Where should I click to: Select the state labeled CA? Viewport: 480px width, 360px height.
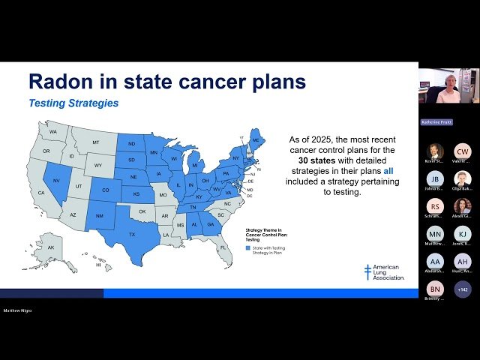click(41, 193)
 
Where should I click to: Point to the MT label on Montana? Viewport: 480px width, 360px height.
click(96, 142)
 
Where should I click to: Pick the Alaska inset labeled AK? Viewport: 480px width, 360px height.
click(51, 247)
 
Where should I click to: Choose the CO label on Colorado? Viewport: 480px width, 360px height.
click(105, 190)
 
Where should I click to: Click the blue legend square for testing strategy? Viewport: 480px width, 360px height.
click(248, 247)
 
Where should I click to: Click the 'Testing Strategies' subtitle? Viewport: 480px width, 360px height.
click(73, 103)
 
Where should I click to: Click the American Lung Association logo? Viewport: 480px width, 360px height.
click(384, 272)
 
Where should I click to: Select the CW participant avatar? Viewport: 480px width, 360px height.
click(463, 151)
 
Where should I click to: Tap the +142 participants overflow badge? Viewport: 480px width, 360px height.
click(463, 289)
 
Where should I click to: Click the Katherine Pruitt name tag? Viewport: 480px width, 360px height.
click(436, 121)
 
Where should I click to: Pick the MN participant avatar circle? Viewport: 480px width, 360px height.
click(435, 234)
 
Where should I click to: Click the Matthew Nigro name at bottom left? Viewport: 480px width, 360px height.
click(18, 310)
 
